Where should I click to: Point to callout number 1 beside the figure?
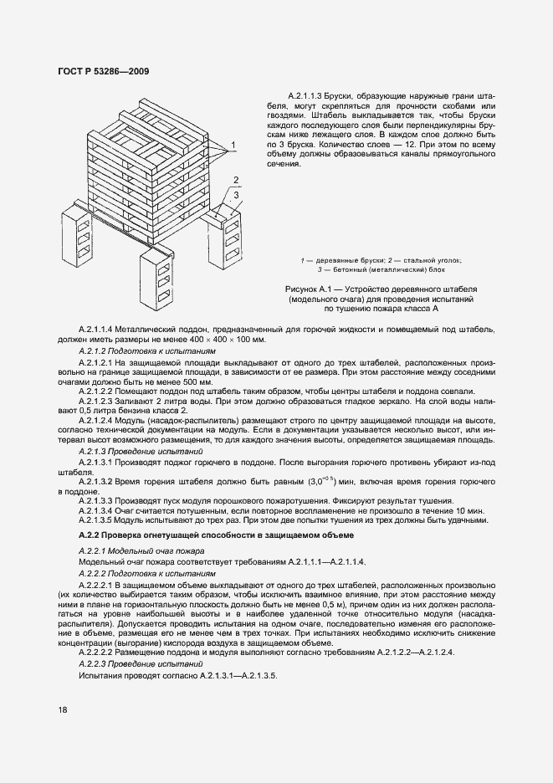click(233, 144)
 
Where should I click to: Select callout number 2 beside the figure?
click(237, 180)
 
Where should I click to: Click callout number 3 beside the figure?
click(237, 195)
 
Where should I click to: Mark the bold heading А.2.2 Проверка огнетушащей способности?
click(217, 534)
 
